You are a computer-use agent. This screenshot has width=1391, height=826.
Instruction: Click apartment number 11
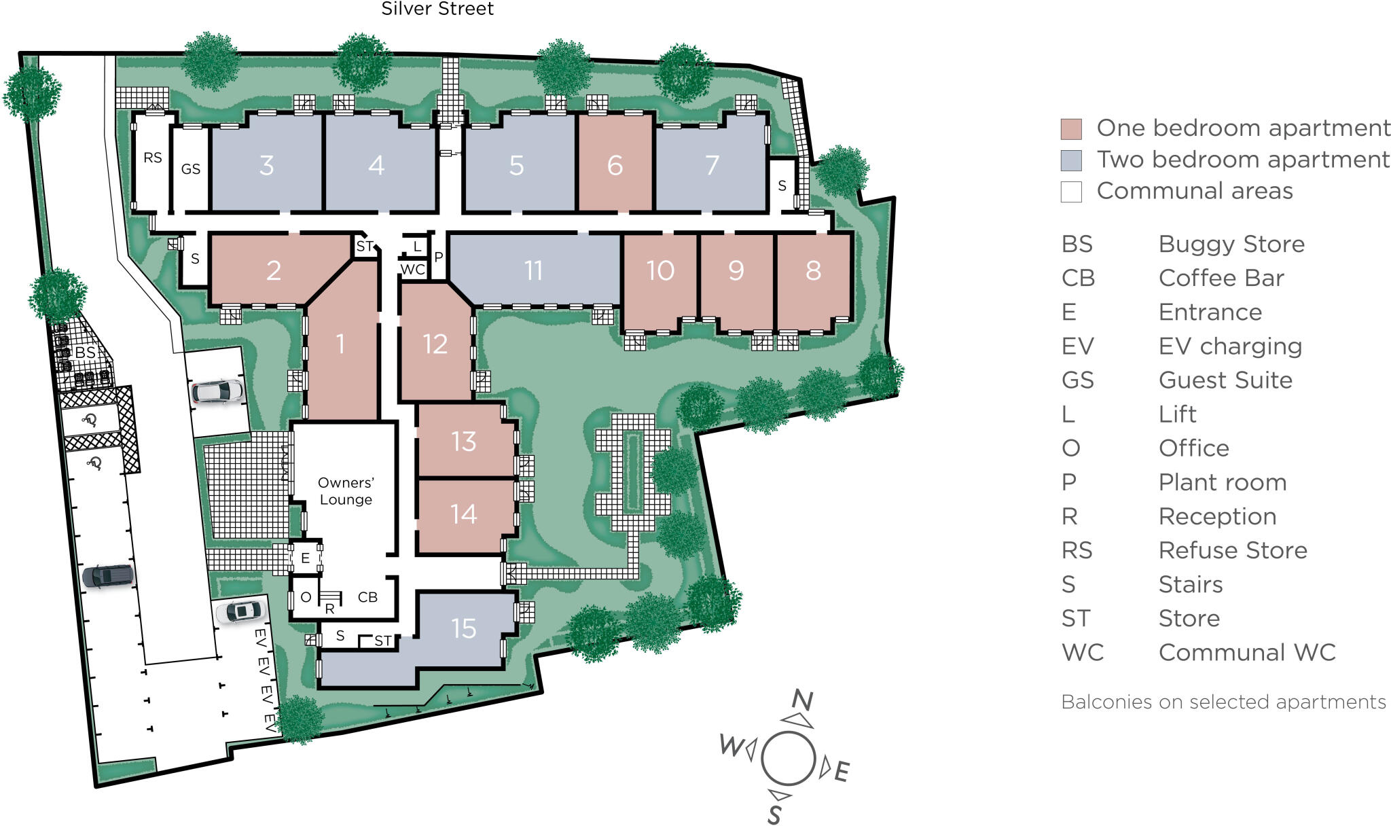pos(534,270)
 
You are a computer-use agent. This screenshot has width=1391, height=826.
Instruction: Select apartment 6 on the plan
pos(615,165)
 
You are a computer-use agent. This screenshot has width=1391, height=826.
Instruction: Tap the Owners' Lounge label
pos(346,491)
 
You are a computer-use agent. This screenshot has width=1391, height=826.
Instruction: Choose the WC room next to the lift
pos(413,270)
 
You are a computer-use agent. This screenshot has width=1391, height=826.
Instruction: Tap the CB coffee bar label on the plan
pos(367,597)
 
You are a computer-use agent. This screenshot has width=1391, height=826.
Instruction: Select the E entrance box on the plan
pos(305,558)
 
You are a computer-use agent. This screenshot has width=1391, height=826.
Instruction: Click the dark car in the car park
pos(108,577)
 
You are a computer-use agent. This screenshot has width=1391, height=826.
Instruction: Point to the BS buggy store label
pos(86,353)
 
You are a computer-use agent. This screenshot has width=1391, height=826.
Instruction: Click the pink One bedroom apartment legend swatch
pos(1071,128)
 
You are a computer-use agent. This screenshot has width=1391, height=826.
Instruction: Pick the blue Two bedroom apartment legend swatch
pos(1071,160)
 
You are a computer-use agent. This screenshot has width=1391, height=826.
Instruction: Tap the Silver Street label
pos(437,9)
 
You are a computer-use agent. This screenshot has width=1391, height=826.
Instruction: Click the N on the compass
pos(802,700)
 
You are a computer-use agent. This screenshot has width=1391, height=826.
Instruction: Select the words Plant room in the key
pos(1222,482)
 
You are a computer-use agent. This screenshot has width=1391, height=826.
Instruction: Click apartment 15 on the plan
pos(464,628)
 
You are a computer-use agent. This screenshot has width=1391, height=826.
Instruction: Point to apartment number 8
pos(813,270)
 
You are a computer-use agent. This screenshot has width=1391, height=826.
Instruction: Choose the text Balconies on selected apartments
pos(1223,702)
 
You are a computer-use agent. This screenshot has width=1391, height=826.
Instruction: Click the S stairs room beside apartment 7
pos(782,185)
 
